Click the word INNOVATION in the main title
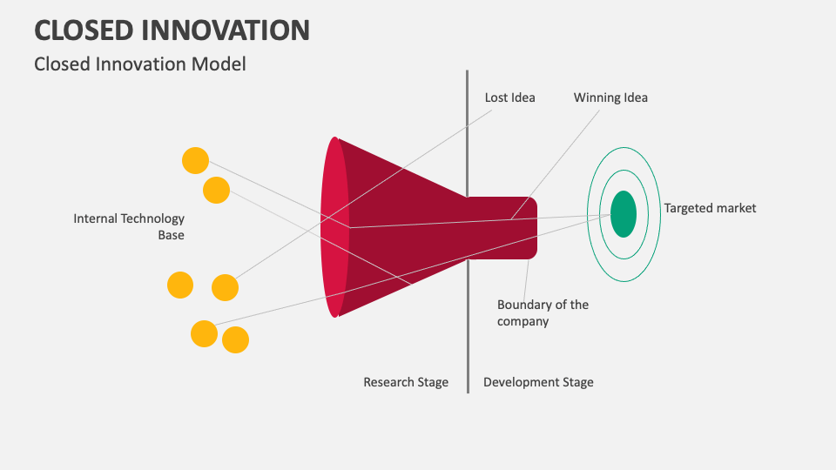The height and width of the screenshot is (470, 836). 230,30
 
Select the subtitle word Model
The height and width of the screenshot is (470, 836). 222,64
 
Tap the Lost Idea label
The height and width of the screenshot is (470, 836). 509,97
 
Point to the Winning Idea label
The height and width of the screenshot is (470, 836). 610,97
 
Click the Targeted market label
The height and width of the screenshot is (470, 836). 710,208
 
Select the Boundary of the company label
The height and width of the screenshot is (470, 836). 542,312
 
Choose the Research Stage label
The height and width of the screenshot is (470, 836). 406,382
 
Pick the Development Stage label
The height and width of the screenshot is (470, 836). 538,382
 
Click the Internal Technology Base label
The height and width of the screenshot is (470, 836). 129,226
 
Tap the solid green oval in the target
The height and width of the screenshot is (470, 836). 624,213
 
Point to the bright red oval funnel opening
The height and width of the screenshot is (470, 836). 334,226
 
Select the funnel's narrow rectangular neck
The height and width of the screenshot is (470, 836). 502,228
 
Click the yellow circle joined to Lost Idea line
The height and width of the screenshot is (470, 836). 225,287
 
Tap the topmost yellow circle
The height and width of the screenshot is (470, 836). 195,160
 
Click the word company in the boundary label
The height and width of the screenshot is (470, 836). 522,321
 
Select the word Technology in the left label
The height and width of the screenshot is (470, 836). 153,218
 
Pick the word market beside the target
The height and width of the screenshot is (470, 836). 735,208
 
